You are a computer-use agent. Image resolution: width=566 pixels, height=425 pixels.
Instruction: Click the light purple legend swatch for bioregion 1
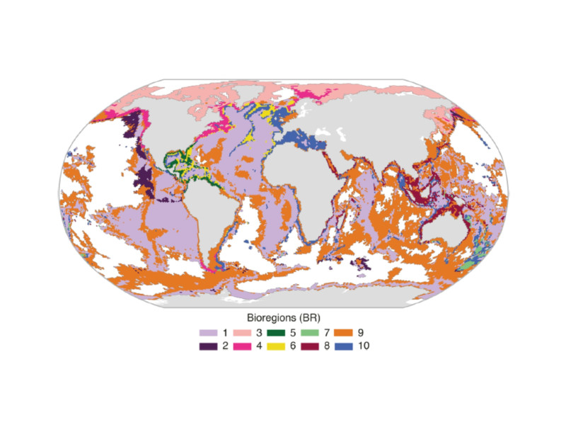coord(207,332)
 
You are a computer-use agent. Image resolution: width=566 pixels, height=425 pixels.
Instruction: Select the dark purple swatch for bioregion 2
coord(207,346)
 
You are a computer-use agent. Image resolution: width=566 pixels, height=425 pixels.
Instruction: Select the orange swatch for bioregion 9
coord(345,332)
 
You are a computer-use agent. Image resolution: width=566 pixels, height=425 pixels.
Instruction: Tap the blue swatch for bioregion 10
coord(345,346)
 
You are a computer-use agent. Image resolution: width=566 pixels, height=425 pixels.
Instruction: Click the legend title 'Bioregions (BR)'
coord(283,317)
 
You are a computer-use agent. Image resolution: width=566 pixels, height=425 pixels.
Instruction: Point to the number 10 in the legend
coord(365,346)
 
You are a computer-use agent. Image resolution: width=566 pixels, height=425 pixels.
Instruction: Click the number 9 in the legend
coord(362,332)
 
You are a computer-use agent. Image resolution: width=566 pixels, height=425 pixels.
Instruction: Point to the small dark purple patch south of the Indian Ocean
coord(362,264)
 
